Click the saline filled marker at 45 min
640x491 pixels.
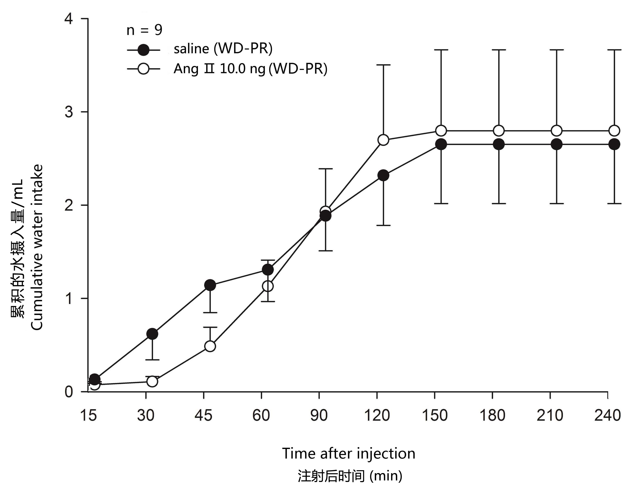(x=210, y=285)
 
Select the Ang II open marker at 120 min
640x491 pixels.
(x=383, y=140)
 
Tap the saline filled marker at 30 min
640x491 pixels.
(x=152, y=334)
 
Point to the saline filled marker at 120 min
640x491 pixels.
(x=383, y=176)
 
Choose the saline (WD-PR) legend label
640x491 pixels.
(x=223, y=48)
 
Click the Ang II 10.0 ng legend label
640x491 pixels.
(x=250, y=69)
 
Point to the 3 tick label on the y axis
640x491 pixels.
(x=69, y=112)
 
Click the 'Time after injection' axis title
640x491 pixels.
(x=348, y=454)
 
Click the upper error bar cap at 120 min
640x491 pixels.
(x=383, y=65)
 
